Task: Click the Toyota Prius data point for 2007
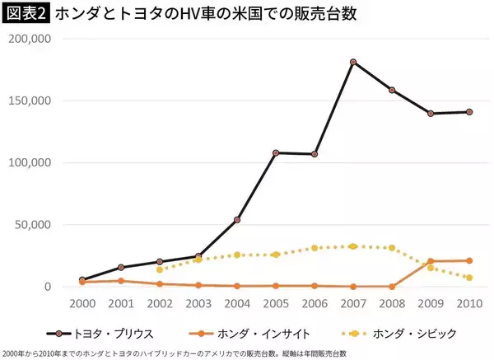352,62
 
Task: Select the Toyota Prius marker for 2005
276,152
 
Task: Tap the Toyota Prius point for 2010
469,111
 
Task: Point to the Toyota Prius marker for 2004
237,219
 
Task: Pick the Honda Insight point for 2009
430,261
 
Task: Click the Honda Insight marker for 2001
121,281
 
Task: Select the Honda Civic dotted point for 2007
352,246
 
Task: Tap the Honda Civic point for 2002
160,269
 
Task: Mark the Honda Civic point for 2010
469,278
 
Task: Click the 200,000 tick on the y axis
31,39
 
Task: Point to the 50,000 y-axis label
35,224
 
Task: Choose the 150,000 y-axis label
31,101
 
